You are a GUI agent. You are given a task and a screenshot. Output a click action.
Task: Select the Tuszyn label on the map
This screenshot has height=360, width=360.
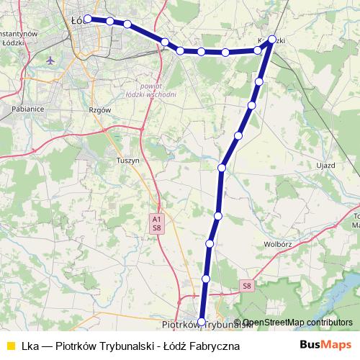pyautogui.click(x=127, y=161)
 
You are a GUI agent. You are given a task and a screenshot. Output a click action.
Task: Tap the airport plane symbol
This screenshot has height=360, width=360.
pyautogui.click(x=50, y=60)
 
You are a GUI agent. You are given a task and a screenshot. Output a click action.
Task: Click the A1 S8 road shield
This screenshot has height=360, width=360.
pyautogui.click(x=156, y=222)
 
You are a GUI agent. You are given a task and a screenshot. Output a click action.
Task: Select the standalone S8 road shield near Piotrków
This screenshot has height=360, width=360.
pyautogui.click(x=247, y=286)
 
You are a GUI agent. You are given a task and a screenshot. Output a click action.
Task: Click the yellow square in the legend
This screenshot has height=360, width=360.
pyautogui.click(x=9, y=346)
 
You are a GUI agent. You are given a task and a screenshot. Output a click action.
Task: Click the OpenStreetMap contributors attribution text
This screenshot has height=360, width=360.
pyautogui.click(x=297, y=323)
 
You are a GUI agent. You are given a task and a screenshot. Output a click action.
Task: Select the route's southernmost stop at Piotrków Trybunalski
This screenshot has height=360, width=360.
pyautogui.click(x=202, y=322)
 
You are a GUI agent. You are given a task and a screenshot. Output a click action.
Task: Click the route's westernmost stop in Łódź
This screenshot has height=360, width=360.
pyautogui.click(x=88, y=19)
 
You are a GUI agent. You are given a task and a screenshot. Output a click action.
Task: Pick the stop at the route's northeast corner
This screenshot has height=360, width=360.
pyautogui.click(x=272, y=40)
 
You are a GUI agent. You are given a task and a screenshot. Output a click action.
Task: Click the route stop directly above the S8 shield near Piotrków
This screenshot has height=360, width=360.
pyautogui.click(x=206, y=279)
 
